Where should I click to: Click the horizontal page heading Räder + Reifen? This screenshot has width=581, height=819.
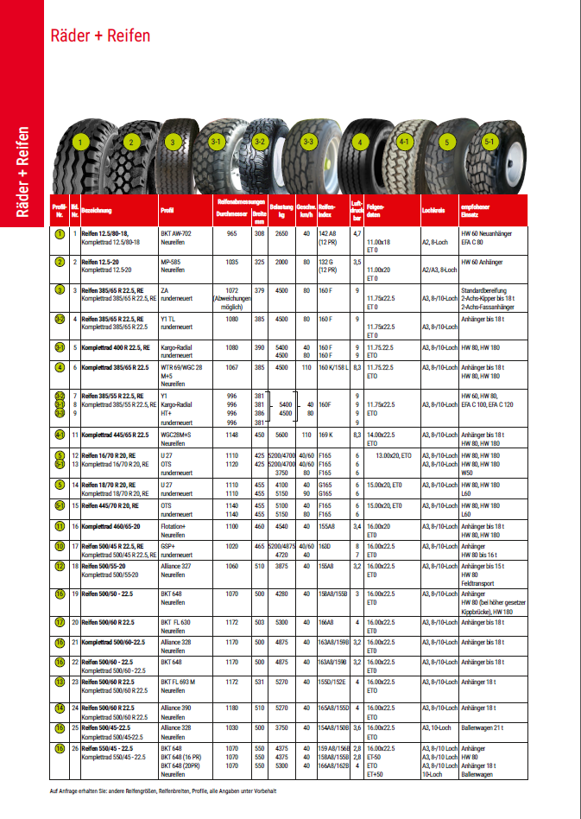(100, 35)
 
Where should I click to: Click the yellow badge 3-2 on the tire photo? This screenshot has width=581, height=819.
(262, 141)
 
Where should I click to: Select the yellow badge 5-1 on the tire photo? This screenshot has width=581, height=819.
(489, 140)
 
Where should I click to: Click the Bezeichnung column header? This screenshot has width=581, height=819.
(97, 210)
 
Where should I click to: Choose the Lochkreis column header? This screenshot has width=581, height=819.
(434, 210)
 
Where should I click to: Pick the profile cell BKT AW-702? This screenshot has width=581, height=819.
(176, 234)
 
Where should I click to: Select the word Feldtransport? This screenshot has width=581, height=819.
(485, 583)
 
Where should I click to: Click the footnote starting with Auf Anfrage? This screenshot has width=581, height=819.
(163, 790)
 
